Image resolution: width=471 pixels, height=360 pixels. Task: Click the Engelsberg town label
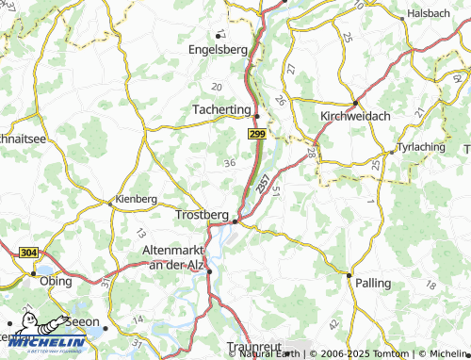point(218,49)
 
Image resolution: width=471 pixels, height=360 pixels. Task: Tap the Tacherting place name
point(220,109)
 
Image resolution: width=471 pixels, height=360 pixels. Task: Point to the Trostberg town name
point(202,215)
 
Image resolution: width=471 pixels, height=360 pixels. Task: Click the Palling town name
point(373,281)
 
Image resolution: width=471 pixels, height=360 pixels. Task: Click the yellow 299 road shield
point(256,137)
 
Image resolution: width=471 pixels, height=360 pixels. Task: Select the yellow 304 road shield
point(27,253)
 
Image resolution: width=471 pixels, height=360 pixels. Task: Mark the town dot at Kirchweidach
point(354,103)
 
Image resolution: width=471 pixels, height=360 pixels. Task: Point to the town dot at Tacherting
point(256,116)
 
